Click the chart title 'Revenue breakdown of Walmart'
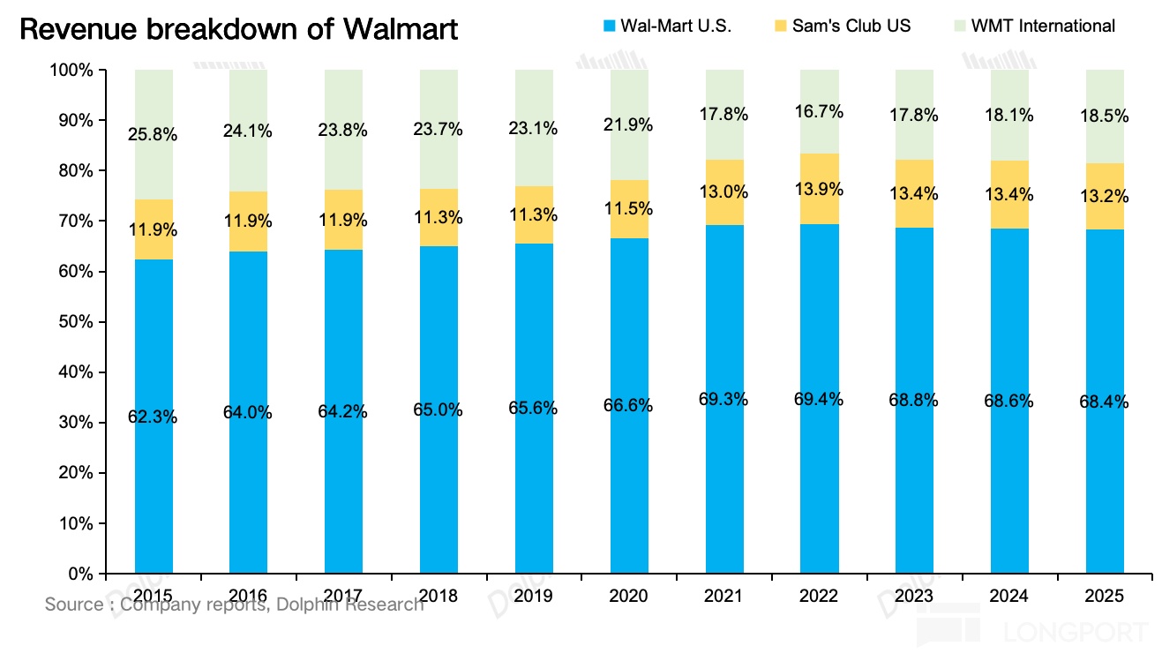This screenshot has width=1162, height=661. click(x=238, y=30)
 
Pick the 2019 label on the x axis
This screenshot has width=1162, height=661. click(x=534, y=597)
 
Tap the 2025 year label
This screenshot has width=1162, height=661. click(x=1105, y=597)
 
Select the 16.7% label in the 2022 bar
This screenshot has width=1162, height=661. click(x=820, y=112)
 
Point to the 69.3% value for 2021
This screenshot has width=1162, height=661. click(x=724, y=400)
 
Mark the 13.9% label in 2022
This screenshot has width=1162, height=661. click(x=820, y=190)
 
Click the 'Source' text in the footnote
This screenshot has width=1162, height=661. click(x=74, y=605)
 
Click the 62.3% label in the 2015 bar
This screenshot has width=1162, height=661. click(x=154, y=417)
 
